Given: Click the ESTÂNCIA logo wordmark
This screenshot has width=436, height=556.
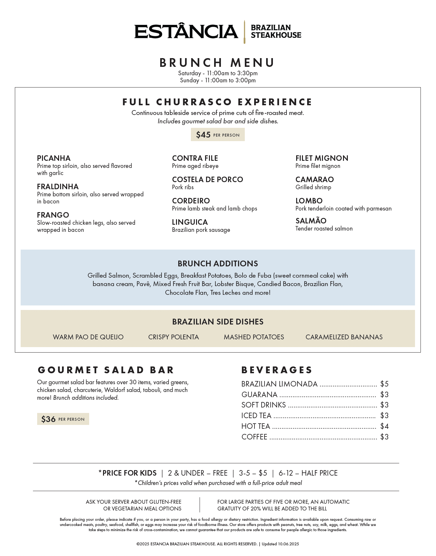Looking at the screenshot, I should (x=186, y=32).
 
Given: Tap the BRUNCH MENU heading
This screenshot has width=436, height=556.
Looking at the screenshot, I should (x=217, y=63).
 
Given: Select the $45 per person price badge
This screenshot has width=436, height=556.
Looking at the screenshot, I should (x=218, y=135).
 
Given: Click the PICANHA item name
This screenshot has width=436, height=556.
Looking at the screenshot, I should (x=54, y=158).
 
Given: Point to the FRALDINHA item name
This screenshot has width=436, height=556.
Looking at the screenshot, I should (x=58, y=187).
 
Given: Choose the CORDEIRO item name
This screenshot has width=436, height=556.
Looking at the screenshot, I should (x=191, y=201).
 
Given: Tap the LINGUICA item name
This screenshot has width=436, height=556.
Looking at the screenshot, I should (x=190, y=222).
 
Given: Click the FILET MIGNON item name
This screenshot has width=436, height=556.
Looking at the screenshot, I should (x=322, y=158).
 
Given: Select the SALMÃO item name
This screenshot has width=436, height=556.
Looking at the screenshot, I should (x=311, y=221).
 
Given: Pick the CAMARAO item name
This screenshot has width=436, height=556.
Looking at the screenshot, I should (x=315, y=180).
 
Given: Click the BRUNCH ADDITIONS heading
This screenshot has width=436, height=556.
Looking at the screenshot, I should (x=218, y=263).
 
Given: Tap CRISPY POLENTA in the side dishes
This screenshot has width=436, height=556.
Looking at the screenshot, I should (x=173, y=337).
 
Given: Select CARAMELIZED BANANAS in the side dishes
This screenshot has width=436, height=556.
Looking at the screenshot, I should (x=344, y=337).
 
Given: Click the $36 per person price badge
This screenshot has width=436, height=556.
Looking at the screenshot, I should (x=63, y=419).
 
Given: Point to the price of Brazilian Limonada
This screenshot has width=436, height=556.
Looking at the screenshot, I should (x=384, y=384).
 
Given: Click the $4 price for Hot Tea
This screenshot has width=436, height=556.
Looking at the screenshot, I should (x=384, y=426).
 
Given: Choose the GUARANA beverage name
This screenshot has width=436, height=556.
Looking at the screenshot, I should (x=259, y=395).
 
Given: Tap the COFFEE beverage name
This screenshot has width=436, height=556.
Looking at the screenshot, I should (x=254, y=437).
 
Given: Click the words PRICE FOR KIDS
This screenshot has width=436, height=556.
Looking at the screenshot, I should (x=129, y=473).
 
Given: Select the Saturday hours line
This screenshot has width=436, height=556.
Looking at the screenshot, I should (x=218, y=73).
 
